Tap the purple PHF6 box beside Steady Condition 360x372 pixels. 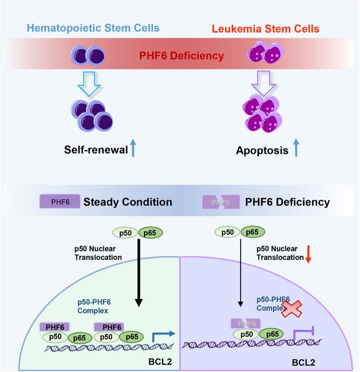(60, 203)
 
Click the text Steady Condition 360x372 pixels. (127, 203)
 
